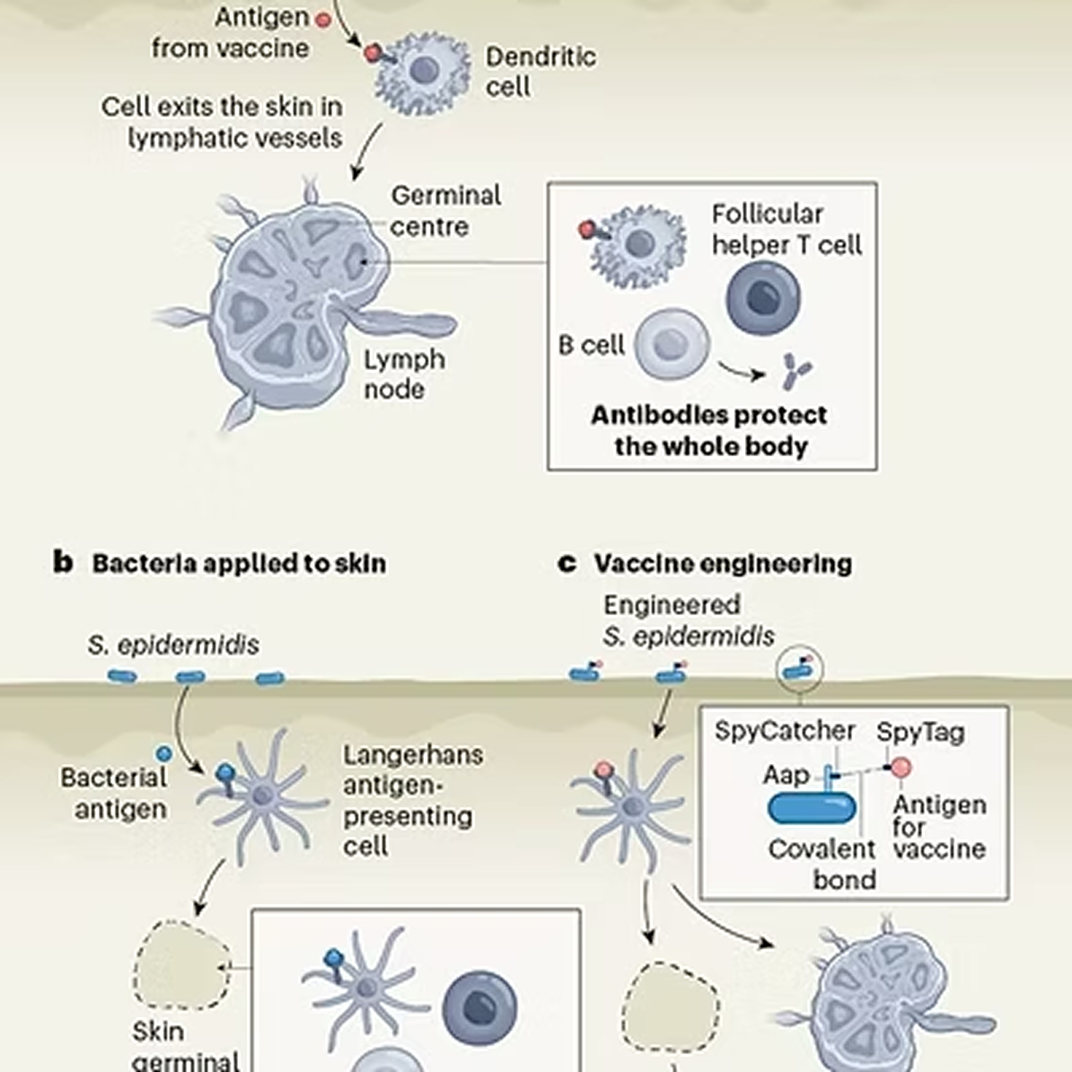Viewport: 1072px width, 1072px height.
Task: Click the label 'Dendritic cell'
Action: coord(539,71)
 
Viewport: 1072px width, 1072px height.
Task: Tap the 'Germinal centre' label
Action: coord(444,210)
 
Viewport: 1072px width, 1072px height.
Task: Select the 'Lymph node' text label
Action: coord(403,373)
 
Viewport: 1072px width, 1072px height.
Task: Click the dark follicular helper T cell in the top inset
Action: coord(763,299)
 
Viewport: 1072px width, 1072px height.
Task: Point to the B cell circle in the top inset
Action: coord(672,344)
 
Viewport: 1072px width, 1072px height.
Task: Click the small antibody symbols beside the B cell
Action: coord(795,370)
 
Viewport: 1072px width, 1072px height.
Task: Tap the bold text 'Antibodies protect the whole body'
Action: coord(709,430)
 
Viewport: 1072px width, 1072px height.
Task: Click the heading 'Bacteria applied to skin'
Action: coord(239,563)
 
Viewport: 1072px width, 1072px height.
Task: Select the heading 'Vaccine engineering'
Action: coord(722,563)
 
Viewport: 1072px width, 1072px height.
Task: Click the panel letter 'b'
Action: coord(62,563)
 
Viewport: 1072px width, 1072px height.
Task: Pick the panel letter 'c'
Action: coord(567,563)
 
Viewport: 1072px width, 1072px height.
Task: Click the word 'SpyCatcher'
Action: coord(784,730)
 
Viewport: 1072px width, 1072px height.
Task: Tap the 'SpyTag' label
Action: coord(920,732)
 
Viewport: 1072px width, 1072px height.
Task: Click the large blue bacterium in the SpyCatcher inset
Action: coord(812,808)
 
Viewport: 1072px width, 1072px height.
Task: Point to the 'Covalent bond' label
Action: coord(822,863)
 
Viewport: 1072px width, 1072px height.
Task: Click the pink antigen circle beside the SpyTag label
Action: coord(900,768)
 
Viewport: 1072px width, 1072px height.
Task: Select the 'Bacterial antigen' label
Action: coord(114,793)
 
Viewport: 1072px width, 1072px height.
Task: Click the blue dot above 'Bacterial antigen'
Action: coord(163,752)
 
